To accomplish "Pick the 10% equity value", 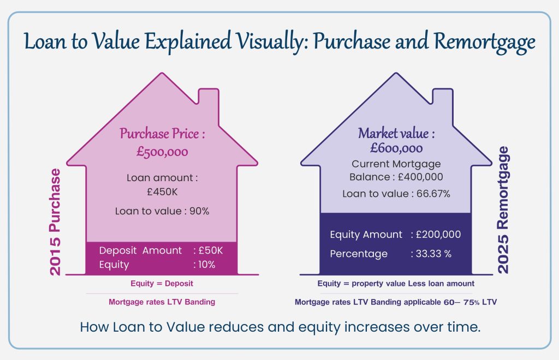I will [x=207, y=265].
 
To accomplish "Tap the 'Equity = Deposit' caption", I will [x=162, y=284].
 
